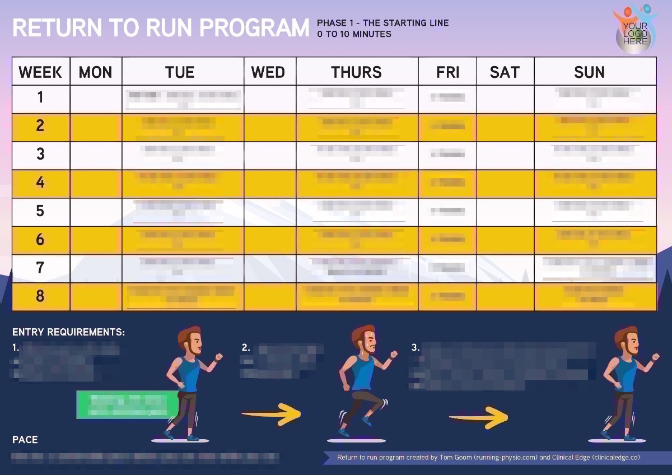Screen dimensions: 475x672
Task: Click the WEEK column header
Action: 40,72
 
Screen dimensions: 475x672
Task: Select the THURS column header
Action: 357,72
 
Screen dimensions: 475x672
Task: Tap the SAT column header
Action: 505,72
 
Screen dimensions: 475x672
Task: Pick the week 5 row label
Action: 40,212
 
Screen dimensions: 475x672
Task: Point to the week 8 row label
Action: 40,296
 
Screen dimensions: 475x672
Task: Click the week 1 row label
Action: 40,98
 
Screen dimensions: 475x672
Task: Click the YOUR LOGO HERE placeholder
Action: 635,32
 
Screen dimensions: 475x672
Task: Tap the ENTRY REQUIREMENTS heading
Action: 68,332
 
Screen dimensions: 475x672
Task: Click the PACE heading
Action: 25,440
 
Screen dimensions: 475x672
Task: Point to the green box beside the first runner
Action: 127,404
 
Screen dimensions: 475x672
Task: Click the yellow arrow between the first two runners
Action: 272,415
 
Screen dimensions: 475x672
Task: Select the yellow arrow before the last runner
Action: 479,417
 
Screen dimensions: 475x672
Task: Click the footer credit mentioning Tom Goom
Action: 488,458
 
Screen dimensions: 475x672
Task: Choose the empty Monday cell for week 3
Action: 96,155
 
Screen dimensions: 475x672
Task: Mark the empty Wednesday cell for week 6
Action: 270,240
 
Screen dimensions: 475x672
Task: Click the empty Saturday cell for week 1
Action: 505,98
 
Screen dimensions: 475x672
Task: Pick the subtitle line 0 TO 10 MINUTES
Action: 354,34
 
